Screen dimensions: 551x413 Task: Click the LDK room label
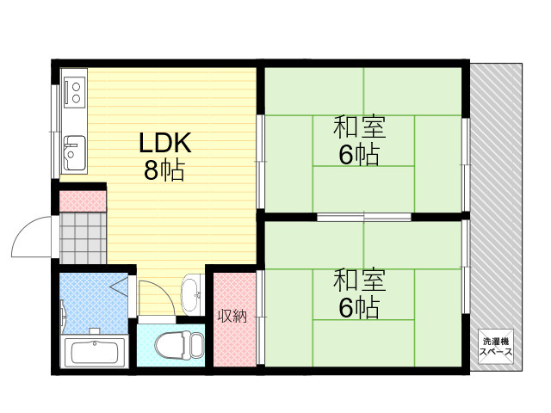pos(165,143)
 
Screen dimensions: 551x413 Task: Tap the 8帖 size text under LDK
pos(164,170)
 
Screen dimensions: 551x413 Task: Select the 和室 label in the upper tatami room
pos(360,126)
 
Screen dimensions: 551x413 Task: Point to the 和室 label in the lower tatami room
pos(360,280)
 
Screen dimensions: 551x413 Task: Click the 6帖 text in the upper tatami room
pos(359,155)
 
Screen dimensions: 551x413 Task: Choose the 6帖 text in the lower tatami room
pos(359,308)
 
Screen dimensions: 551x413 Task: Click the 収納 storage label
pos(232,317)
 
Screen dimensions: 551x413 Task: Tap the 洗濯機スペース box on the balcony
pos(496,347)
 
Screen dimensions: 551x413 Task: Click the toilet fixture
pos(180,346)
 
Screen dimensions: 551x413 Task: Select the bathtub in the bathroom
pos(94,352)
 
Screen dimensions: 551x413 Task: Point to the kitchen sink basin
pos(74,153)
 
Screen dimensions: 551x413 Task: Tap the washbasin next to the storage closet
pos(191,294)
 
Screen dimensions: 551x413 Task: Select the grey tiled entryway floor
pos(83,238)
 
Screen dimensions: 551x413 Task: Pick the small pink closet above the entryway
pos(83,201)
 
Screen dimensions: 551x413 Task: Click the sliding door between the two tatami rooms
pos(364,217)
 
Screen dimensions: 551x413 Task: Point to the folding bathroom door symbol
pos(121,285)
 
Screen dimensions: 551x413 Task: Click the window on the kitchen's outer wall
pos(55,132)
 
